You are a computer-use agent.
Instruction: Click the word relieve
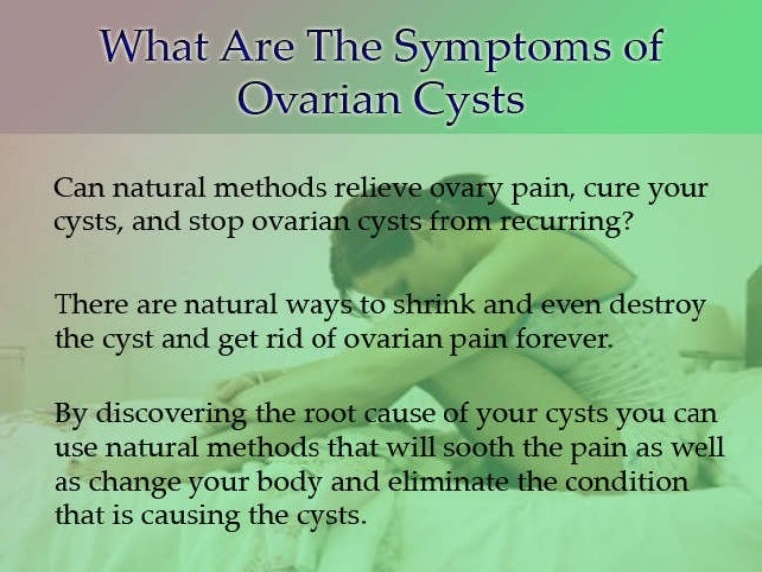click(379, 189)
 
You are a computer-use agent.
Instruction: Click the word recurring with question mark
click(564, 221)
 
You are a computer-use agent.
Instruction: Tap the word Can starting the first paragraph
click(75, 189)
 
